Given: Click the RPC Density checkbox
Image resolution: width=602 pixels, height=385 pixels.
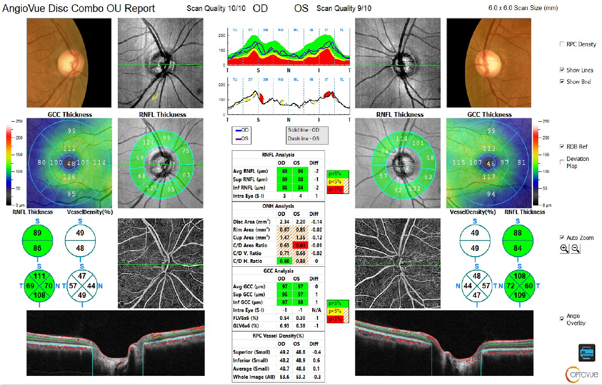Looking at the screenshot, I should click(x=562, y=44).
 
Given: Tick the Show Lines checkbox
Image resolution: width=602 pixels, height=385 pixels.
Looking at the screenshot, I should click(x=562, y=70).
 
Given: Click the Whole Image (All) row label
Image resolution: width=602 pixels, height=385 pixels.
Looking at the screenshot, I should click(x=253, y=377).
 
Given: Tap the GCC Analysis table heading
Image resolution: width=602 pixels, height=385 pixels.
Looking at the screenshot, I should click(x=279, y=271).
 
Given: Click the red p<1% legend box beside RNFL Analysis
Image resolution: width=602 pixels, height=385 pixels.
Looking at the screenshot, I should click(x=338, y=190).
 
